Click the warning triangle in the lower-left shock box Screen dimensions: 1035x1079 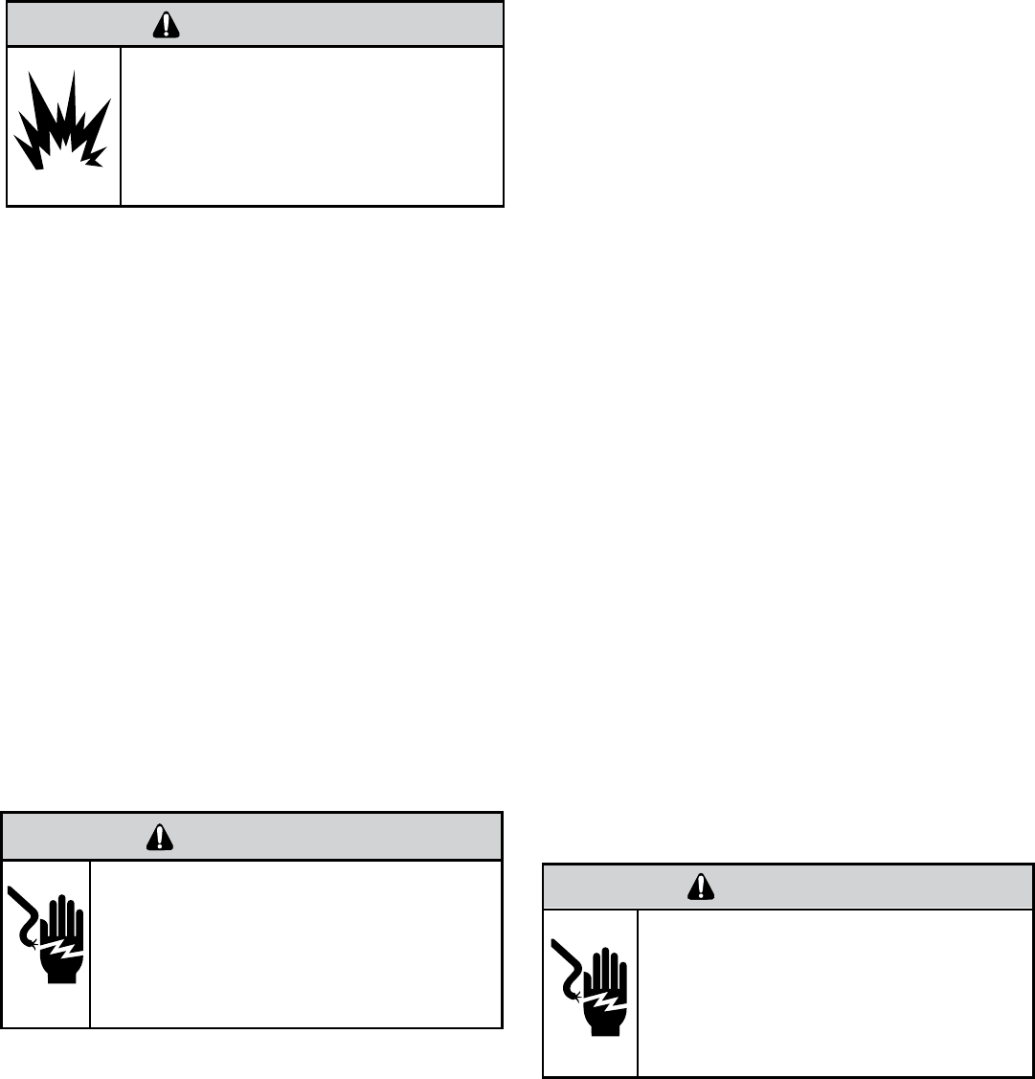coord(155,838)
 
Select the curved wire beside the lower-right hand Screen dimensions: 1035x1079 coord(569,970)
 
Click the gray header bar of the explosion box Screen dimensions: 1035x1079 coord(335,25)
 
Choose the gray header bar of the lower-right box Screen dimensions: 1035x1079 coord(862,888)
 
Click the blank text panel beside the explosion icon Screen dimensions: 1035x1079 coord(311,125)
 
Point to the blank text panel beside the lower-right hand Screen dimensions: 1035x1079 coord(835,992)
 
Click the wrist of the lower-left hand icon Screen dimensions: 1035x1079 coord(63,976)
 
